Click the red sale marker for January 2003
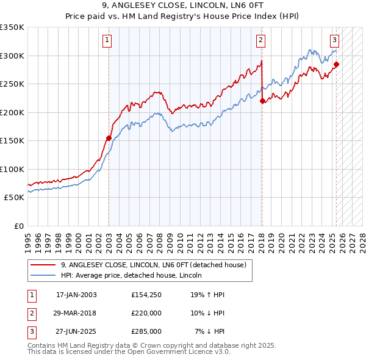click(x=109, y=138)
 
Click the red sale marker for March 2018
click(x=262, y=101)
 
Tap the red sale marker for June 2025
click(x=336, y=64)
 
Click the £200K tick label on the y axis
click(x=12, y=112)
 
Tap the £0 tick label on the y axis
click(x=18, y=226)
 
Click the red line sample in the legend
click(x=44, y=265)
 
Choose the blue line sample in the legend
click(x=44, y=275)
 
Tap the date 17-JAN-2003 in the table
click(x=76, y=294)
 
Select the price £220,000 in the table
click(x=146, y=312)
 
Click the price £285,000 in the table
click(x=146, y=331)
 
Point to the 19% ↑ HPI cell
click(x=207, y=294)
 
